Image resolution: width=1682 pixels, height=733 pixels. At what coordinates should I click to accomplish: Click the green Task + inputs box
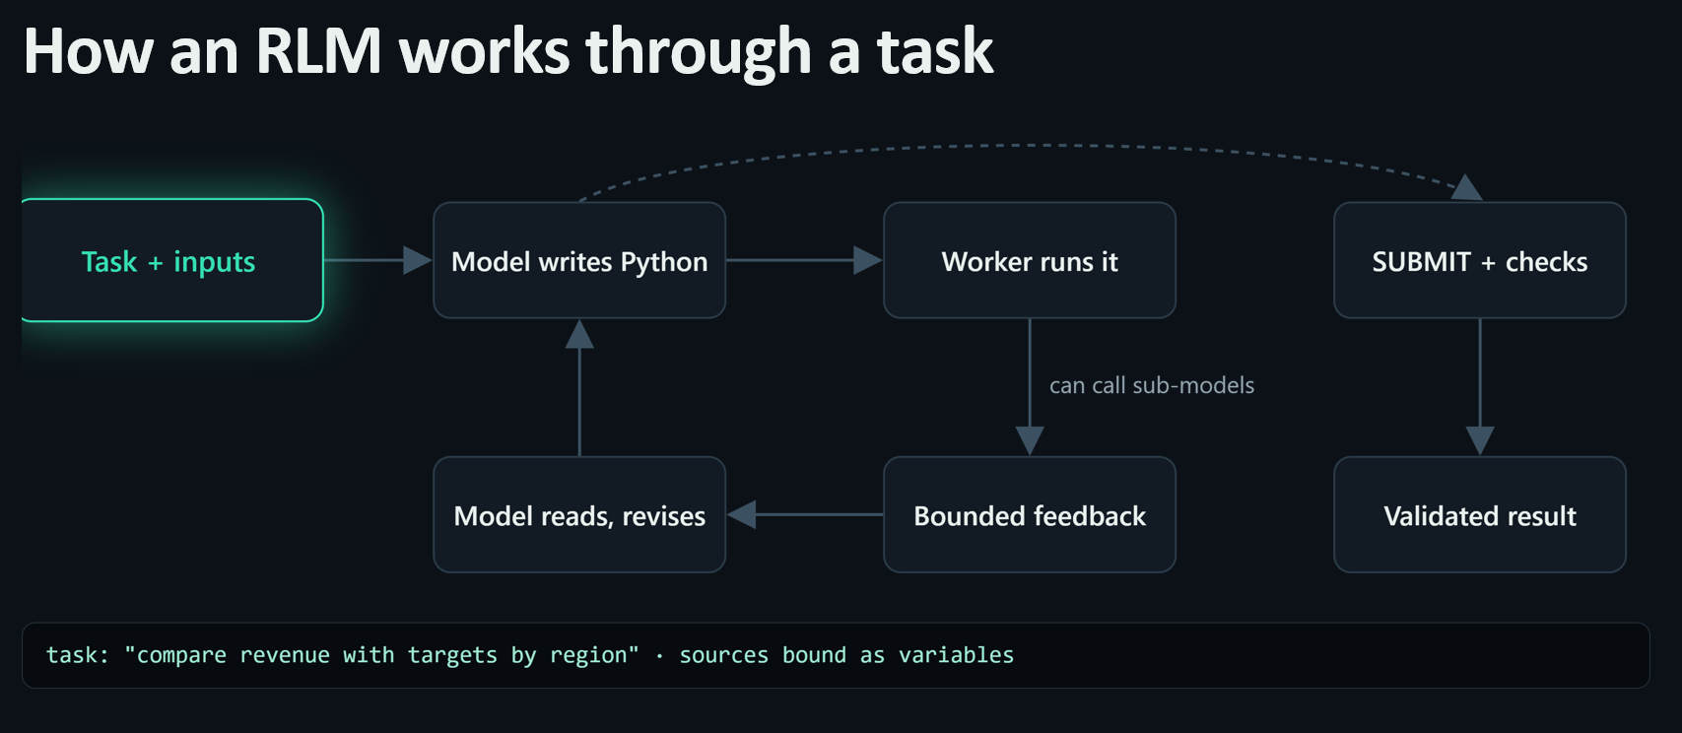[x=172, y=261]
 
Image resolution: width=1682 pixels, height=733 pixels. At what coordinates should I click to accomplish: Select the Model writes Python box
[x=579, y=261]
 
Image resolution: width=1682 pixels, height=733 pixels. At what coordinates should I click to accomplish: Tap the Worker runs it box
[x=1030, y=261]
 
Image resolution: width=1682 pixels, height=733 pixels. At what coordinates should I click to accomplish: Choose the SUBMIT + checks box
[x=1479, y=261]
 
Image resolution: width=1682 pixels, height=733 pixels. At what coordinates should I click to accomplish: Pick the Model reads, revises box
[x=579, y=514]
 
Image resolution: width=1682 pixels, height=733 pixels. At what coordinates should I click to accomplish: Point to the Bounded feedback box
[x=1030, y=514]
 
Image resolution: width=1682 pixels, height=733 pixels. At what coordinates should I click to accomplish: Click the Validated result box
[x=1479, y=514]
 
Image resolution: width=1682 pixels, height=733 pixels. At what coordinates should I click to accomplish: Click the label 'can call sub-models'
[x=1152, y=385]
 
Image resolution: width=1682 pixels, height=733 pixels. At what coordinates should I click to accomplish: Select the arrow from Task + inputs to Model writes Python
[x=378, y=261]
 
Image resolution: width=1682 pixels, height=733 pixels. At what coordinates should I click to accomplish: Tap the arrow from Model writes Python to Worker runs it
[x=804, y=261]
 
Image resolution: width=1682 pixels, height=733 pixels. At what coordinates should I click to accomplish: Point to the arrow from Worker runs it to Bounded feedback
[x=1030, y=387]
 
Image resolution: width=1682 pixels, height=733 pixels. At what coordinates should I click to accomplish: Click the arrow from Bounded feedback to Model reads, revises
[x=804, y=514]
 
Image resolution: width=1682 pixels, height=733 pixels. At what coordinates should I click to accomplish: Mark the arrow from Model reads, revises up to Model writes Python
[x=579, y=387]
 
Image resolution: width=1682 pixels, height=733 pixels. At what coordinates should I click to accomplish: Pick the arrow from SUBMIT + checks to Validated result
[x=1479, y=387]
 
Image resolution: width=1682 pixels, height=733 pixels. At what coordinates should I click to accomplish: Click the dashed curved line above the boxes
[x=1029, y=146]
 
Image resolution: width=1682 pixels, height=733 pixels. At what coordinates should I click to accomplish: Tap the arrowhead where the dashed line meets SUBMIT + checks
[x=1466, y=188]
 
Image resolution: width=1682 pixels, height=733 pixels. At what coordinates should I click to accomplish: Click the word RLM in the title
[x=318, y=51]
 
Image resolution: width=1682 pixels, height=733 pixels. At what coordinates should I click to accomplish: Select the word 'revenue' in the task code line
[x=285, y=655]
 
